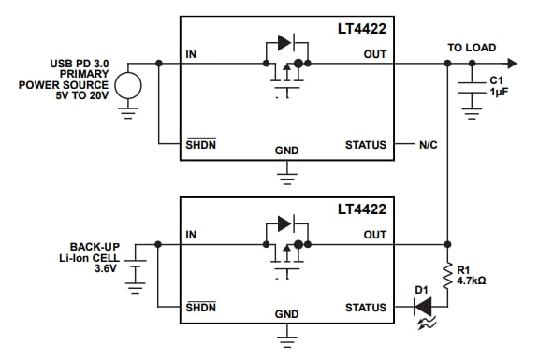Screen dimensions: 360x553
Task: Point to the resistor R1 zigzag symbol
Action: pyautogui.click(x=448, y=273)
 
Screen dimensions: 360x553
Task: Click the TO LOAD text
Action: pyautogui.click(x=472, y=48)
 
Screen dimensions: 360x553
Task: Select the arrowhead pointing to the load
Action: pyautogui.click(x=510, y=63)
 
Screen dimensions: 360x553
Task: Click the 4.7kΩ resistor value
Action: pyautogui.click(x=473, y=279)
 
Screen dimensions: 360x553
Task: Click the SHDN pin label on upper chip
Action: pyautogui.click(x=200, y=145)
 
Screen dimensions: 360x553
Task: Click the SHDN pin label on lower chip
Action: pyautogui.click(x=200, y=307)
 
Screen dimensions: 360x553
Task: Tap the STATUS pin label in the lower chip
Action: pyautogui.click(x=365, y=307)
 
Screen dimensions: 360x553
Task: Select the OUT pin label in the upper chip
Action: pyautogui.click(x=373, y=54)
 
